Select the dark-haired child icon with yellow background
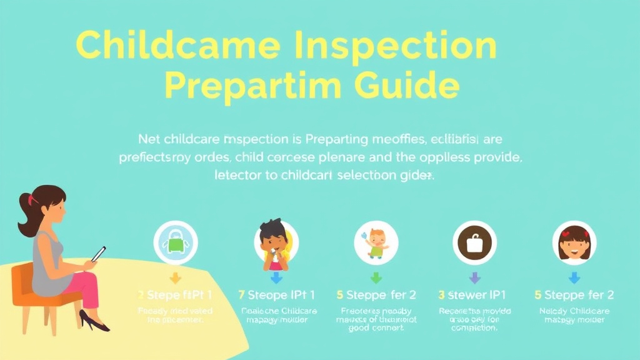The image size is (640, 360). pyautogui.click(x=276, y=244)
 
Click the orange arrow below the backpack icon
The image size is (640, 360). pyautogui.click(x=175, y=277)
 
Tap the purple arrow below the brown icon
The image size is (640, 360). pyautogui.click(x=474, y=277)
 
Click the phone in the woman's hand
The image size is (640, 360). pyautogui.click(x=98, y=254)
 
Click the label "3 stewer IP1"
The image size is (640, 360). pyautogui.click(x=472, y=295)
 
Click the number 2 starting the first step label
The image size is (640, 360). pyautogui.click(x=141, y=295)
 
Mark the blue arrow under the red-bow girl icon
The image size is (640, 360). pyautogui.click(x=574, y=277)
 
